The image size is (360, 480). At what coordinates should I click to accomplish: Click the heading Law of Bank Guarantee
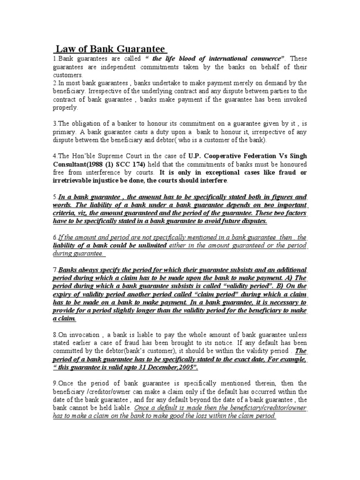110,49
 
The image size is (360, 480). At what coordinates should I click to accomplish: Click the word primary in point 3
64,132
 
